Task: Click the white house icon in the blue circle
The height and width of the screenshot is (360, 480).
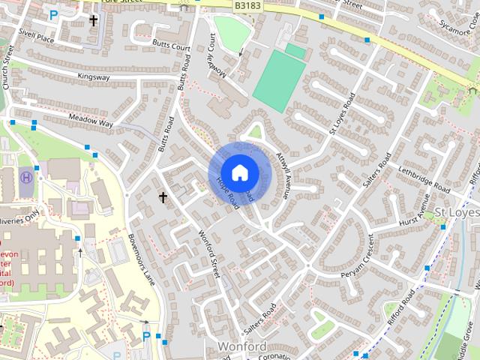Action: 238,172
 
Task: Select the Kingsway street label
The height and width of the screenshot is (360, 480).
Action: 93,76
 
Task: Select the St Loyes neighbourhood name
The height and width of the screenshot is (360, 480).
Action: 457,213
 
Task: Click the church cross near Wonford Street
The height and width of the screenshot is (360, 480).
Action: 163,197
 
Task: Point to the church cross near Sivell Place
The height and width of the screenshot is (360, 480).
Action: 94,20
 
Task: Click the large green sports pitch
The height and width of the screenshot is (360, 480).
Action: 279,80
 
